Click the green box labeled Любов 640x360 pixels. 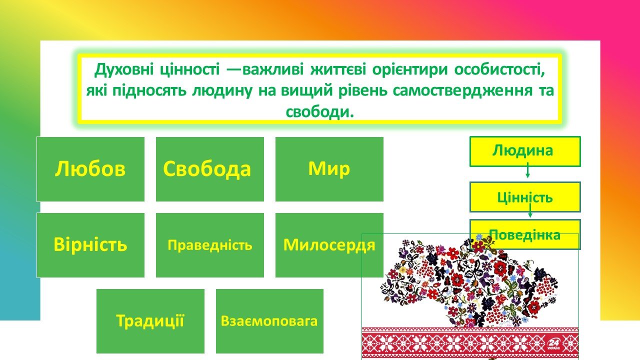click(x=90, y=169)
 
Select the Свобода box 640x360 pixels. click(x=210, y=169)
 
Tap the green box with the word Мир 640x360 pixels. click(x=329, y=169)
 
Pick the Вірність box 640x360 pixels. click(x=90, y=245)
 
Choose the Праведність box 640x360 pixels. click(x=210, y=245)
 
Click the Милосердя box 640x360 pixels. click(x=329, y=245)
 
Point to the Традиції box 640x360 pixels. click(x=150, y=321)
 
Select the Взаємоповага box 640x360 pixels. click(x=269, y=321)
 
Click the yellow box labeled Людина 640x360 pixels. click(x=525, y=151)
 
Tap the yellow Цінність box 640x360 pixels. click(x=525, y=197)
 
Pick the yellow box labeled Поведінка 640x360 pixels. click(x=525, y=234)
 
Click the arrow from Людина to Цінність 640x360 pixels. click(x=527, y=170)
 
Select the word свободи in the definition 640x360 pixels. click(x=320, y=111)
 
